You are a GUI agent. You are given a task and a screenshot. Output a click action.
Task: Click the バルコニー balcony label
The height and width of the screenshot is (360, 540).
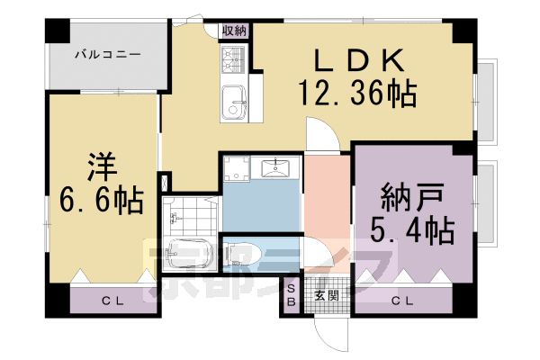tap(106, 55)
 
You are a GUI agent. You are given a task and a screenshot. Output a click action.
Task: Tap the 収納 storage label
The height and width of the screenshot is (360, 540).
tap(234, 30)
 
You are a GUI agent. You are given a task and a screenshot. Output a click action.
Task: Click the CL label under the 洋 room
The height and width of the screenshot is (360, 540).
tap(112, 301)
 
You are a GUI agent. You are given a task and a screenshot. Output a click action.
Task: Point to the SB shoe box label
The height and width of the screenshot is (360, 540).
tap(291, 295)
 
